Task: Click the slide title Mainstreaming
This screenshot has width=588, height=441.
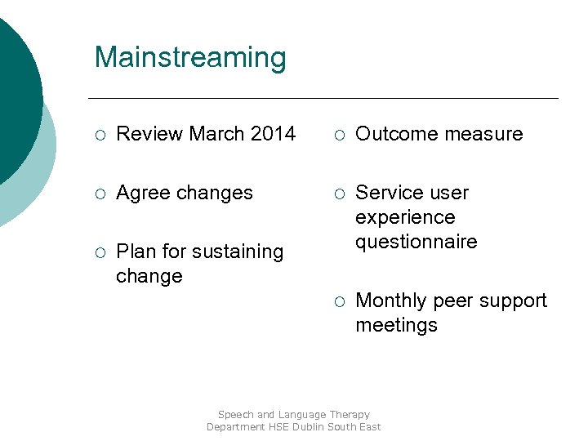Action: [190, 58]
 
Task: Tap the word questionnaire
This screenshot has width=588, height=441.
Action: [416, 243]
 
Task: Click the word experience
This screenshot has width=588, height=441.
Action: [405, 218]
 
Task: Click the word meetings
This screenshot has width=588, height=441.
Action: [396, 326]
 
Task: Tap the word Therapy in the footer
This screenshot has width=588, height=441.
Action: [349, 415]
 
